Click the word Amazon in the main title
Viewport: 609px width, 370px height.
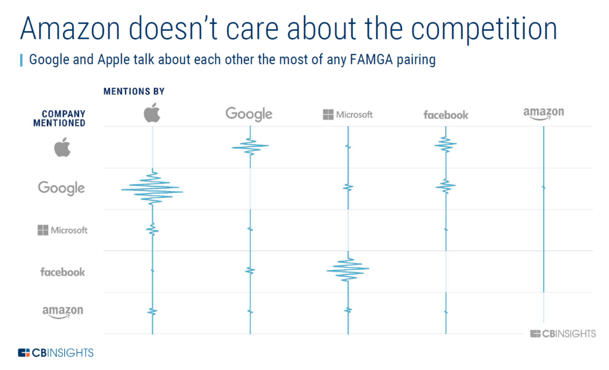coord(70,29)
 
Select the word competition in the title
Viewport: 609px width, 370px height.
coord(484,30)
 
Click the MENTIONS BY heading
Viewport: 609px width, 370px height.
coord(134,91)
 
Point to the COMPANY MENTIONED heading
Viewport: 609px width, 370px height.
coord(59,118)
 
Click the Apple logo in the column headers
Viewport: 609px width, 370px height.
coord(152,113)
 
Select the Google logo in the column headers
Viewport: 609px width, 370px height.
coord(249,114)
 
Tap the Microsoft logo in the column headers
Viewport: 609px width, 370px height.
coord(347,115)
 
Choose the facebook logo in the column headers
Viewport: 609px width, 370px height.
coord(446,115)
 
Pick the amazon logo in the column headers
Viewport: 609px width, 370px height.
coord(544,113)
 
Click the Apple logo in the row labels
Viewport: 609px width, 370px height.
coord(62,147)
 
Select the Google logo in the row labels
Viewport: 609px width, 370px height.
coord(61,188)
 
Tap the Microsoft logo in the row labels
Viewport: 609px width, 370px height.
coord(62,230)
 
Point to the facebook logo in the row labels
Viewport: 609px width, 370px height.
coord(62,272)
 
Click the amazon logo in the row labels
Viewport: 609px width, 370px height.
coord(62,311)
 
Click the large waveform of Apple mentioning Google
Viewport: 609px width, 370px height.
coord(152,189)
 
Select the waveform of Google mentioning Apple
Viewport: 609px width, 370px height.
coord(250,146)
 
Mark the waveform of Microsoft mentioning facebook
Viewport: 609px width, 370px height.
coord(348,269)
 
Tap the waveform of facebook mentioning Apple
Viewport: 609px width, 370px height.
coord(445,144)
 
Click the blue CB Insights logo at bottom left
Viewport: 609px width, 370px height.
coord(55,353)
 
